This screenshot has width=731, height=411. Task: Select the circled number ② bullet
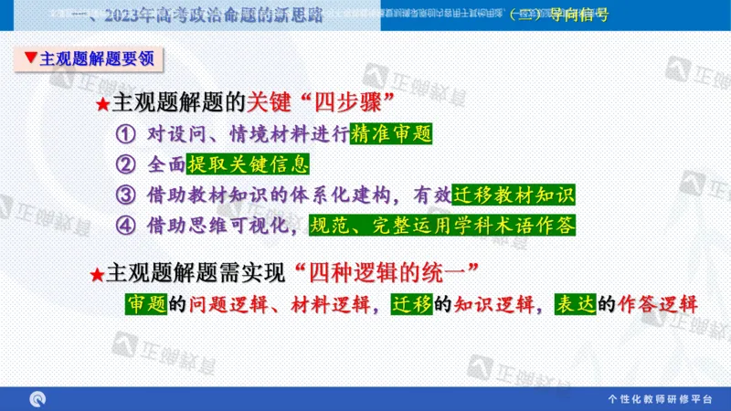pyautogui.click(x=125, y=165)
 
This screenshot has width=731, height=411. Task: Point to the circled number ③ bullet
pyautogui.click(x=125, y=195)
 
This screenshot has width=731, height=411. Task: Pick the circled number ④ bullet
pyautogui.click(x=125, y=224)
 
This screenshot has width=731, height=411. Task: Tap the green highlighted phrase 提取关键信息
pyautogui.click(x=248, y=165)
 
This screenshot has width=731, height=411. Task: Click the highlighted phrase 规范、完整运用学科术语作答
pyautogui.click(x=443, y=224)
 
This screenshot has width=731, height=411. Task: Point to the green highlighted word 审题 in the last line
pyautogui.click(x=144, y=304)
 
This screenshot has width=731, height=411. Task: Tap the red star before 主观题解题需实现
pyautogui.click(x=98, y=273)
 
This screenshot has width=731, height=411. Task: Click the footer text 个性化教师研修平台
pyautogui.click(x=660, y=399)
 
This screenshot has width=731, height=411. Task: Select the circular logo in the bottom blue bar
pyautogui.click(x=38, y=399)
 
